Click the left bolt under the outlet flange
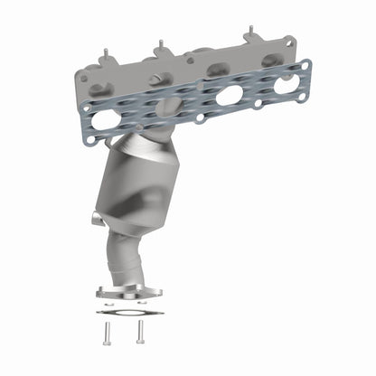pyautogui.click(x=107, y=331)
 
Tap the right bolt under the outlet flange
pyautogui.click(x=140, y=331)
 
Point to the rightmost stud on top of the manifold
pyautogui.click(x=247, y=33)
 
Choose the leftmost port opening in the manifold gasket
pyautogui.click(x=105, y=120)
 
